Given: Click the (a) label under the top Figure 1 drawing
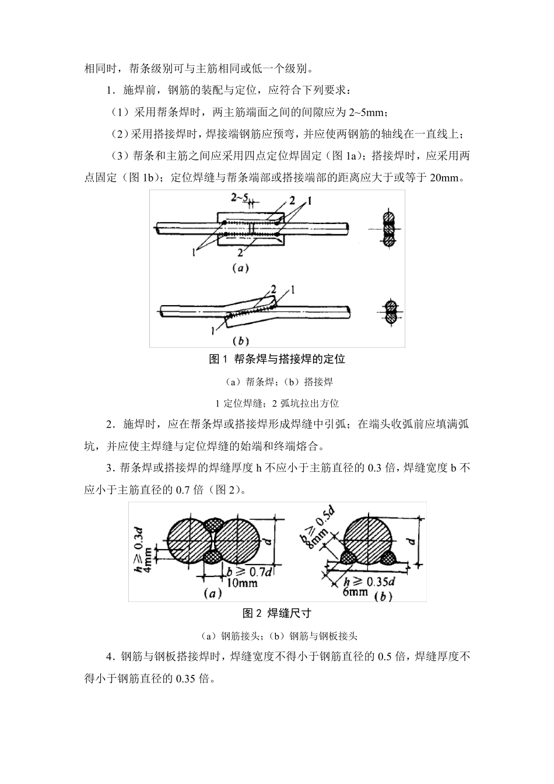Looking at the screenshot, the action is tap(240, 269).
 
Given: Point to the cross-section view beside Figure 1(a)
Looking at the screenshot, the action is tap(389, 228).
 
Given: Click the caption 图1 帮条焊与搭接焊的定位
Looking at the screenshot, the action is tap(277, 359).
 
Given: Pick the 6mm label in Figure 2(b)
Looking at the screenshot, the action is tap(355, 591).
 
